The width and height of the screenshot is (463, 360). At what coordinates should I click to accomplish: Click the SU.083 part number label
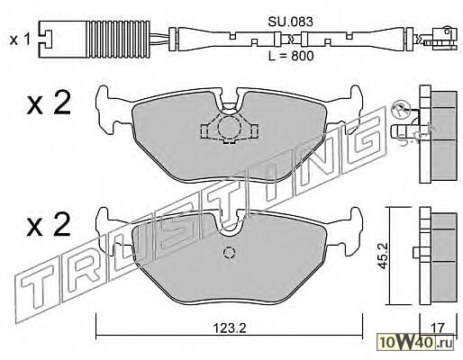pos(290,22)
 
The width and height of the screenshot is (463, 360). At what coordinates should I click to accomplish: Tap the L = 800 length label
pos(291,56)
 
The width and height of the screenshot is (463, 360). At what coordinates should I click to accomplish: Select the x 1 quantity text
pos(20,40)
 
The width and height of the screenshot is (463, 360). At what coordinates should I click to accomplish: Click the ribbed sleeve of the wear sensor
pos(118,39)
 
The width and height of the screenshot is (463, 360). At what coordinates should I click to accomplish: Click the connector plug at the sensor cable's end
pos(442,38)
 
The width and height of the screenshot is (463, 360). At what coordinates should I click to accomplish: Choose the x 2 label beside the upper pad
pos(49,103)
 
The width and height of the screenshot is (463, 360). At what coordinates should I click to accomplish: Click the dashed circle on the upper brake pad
pos(230,127)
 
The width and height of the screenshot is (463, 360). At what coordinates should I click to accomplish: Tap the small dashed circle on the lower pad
pos(229,253)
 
